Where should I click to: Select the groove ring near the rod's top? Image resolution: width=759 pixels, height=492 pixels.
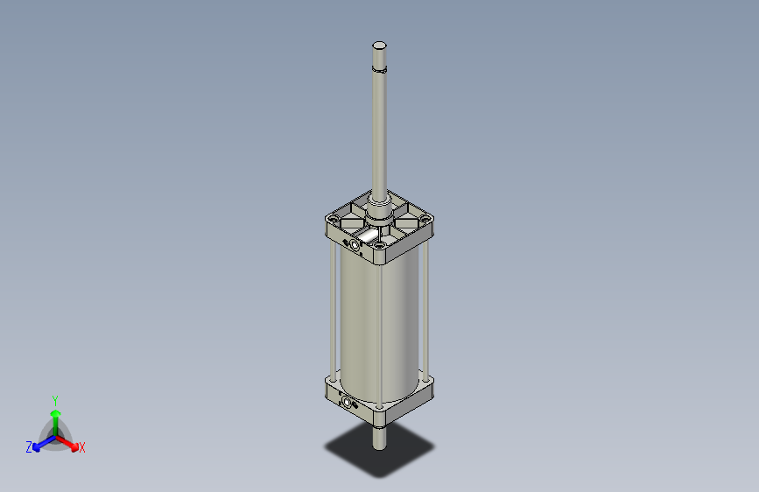coord(379,67)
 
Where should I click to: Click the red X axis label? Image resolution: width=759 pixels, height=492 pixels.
coord(82,448)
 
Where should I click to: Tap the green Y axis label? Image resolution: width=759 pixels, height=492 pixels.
coord(54,399)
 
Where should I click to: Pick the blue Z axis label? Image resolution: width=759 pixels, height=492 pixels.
coord(29,447)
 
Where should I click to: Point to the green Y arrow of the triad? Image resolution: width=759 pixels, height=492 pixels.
coord(55,415)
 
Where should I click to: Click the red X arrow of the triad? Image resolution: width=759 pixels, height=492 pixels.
coord(70,442)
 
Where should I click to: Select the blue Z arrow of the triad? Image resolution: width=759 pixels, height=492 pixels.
coord(40,443)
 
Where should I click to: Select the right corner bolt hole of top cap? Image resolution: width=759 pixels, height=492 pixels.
coord(425,220)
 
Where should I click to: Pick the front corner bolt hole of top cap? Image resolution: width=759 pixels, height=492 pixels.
coord(378,246)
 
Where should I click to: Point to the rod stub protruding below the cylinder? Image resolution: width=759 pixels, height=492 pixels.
coord(379,437)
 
